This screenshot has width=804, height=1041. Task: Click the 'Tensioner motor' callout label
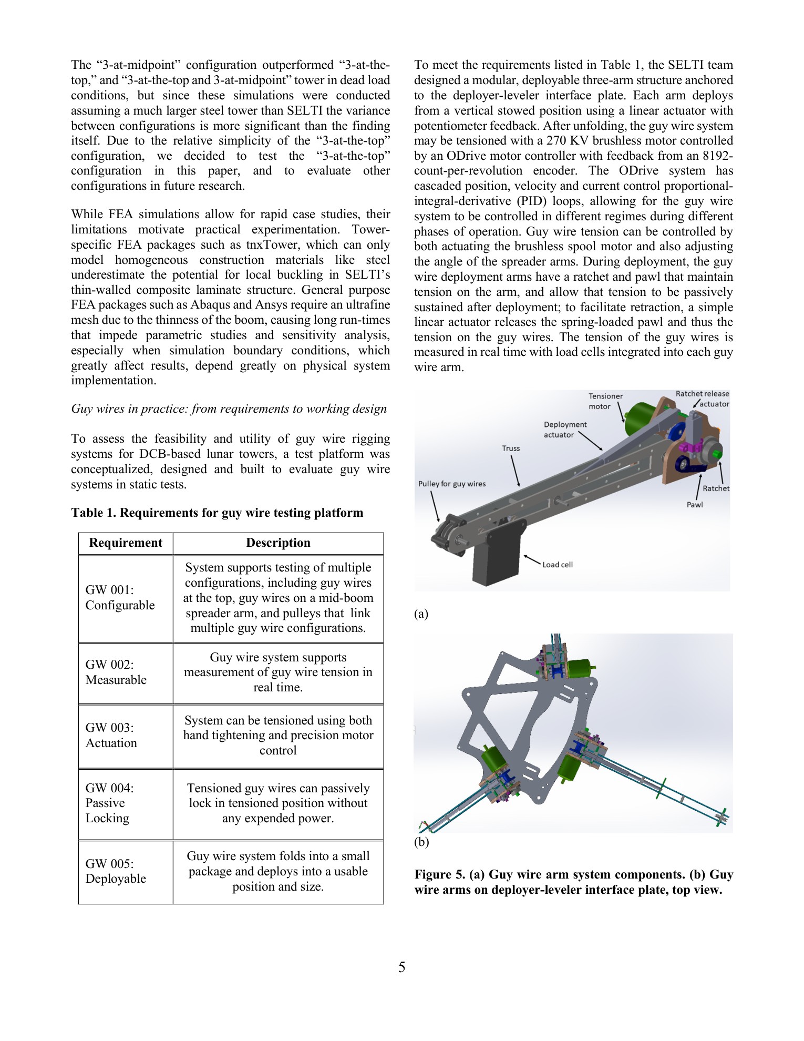605,401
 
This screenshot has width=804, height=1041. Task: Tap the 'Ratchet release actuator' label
703,399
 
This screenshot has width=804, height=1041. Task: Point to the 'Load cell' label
557,565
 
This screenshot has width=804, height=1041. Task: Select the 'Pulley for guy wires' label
451,484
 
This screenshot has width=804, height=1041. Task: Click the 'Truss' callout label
510,448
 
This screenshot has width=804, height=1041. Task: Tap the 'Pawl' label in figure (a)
694,505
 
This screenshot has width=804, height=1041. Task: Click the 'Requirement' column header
126,543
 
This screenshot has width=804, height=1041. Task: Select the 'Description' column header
278,543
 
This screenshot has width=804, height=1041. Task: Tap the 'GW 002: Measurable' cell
116,672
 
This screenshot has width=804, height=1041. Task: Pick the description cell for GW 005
278,871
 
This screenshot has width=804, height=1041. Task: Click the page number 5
401,967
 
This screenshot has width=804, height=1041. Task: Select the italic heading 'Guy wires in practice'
229,409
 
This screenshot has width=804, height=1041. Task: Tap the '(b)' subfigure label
421,842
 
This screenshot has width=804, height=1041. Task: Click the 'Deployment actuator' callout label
565,430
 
